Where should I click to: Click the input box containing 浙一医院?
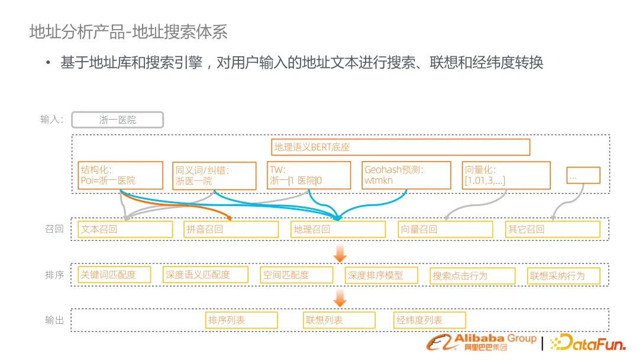point(117,120)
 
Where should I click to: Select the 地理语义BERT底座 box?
point(401,147)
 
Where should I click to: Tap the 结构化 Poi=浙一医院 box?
point(120,175)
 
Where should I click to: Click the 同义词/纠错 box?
point(214,176)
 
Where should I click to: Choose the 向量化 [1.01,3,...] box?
point(506,175)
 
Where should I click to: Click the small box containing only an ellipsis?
point(583,175)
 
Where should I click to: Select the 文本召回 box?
point(125,229)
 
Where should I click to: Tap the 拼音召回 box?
point(231,229)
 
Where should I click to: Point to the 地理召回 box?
point(338,229)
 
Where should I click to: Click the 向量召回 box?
point(445,229)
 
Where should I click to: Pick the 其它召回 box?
point(553,229)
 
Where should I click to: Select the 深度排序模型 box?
point(382,275)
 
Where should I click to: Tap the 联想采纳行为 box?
point(564,276)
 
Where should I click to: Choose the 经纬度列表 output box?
point(430,320)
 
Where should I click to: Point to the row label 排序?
point(54,275)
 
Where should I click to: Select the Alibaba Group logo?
point(482,342)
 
